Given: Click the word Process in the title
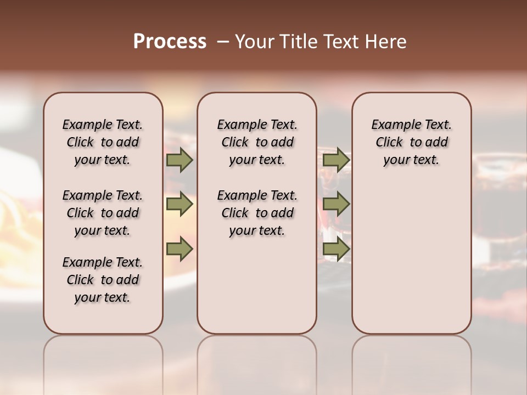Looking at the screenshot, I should tap(170, 42).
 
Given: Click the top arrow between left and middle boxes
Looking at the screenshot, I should tap(179, 160).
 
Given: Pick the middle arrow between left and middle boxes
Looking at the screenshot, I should tap(179, 205).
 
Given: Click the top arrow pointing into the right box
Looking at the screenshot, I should tap(336, 160).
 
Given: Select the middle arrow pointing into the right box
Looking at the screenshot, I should tap(336, 205).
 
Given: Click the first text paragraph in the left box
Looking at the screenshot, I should tap(103, 142).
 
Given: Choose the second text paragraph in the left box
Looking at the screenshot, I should tap(103, 213).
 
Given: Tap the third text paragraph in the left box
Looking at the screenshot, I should tap(103, 280).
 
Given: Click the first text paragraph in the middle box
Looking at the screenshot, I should tap(257, 142).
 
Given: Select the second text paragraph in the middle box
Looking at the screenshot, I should tap(257, 213).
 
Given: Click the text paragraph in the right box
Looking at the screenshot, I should tap(412, 142).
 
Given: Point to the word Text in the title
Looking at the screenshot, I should tap(341, 42).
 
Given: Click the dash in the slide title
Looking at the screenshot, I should tap(222, 42).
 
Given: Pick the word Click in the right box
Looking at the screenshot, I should tap(389, 143).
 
